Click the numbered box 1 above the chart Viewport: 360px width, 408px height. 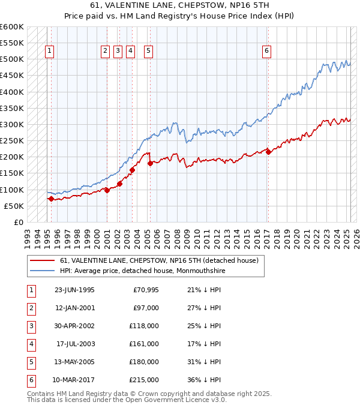pyautogui.click(x=49, y=52)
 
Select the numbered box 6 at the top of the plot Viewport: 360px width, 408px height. pyautogui.click(x=266, y=52)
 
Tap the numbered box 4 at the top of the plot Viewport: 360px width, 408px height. pyautogui.click(x=131, y=52)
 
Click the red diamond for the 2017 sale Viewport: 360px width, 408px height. pyautogui.click(x=268, y=152)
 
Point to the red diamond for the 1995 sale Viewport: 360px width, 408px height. pyautogui.click(x=51, y=199)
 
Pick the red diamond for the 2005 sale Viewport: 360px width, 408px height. pyautogui.click(x=150, y=163)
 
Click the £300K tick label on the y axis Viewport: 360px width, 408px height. pyautogui.click(x=11, y=125)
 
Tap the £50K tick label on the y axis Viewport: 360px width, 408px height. pyautogui.click(x=14, y=206)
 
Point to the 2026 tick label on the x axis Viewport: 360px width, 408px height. pyautogui.click(x=356, y=238)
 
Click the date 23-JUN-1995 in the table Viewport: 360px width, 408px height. pyautogui.click(x=74, y=290)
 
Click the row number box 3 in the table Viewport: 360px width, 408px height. pyautogui.click(x=30, y=326)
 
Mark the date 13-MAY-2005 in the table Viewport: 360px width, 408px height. pyautogui.click(x=74, y=362)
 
